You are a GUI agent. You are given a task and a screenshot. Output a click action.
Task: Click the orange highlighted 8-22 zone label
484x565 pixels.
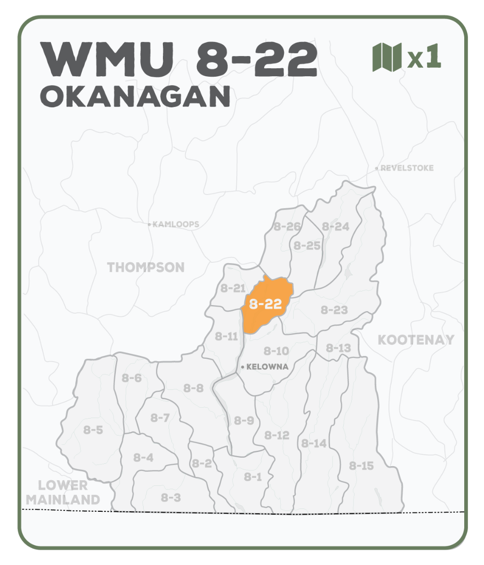pos(266,305)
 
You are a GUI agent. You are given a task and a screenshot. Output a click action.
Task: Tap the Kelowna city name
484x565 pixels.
pos(267,367)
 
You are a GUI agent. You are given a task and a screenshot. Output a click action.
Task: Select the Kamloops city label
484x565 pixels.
pos(175,225)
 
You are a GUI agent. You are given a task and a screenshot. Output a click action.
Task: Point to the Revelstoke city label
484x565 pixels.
pos(407,168)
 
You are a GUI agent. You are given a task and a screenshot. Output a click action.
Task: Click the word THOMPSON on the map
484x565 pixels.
pos(146,267)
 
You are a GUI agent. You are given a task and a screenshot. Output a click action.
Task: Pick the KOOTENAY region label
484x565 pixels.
pos(416,339)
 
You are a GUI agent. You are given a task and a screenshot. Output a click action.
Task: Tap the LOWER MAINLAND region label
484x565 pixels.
pos(63,492)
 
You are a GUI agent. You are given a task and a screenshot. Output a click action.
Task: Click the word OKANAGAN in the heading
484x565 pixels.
pos(136,97)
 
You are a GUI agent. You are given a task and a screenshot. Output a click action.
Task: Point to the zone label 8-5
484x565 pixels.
pos(93,429)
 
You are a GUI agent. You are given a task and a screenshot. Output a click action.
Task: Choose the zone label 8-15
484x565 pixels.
pos(361,466)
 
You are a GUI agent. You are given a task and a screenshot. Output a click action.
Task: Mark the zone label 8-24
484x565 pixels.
pos(335,226)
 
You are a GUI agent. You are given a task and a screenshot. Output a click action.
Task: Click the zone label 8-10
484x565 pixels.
pos(276,351)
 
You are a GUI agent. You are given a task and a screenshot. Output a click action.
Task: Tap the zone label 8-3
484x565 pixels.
pos(170,497)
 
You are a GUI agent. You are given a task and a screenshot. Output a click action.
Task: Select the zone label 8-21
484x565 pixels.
pos(233,289)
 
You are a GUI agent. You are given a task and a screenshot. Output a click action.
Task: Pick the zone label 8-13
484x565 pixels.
pos(338,348)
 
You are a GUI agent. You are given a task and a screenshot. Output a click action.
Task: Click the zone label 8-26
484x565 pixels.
pos(287,226)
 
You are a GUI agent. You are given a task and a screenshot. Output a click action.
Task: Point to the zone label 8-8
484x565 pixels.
pos(193,388)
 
